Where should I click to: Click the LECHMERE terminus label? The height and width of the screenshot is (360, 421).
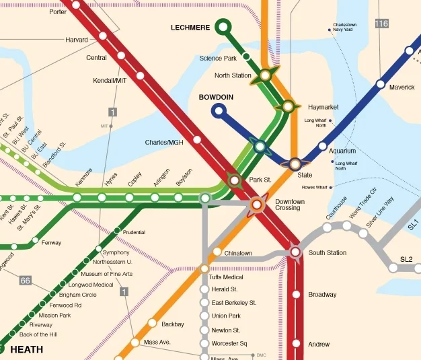[x=190, y=27]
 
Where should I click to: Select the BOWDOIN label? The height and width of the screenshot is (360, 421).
[x=216, y=98]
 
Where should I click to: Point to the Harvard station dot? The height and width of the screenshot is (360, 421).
[x=103, y=36]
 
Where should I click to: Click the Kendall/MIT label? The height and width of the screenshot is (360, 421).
[x=110, y=81]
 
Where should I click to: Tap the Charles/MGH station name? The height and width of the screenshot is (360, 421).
[x=164, y=143]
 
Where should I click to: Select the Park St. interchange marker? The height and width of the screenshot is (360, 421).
[x=234, y=180]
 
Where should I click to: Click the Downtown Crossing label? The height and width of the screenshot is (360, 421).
[x=289, y=205]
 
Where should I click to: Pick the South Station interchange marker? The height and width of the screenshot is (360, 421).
[x=295, y=252]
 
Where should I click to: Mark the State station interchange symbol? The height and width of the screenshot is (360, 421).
[x=295, y=164]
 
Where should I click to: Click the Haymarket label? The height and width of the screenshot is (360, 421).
[x=323, y=108]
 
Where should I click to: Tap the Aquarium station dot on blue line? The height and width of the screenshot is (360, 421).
[x=322, y=146]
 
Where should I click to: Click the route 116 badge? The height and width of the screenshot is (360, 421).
[x=382, y=24]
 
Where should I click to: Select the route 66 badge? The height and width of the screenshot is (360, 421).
[x=26, y=280]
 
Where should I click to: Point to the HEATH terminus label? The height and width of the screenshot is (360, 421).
[x=27, y=349]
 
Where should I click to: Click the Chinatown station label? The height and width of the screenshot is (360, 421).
[x=238, y=254]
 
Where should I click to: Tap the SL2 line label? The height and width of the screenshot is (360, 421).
[x=406, y=259]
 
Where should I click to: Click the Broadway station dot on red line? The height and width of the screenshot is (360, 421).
[x=295, y=295]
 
